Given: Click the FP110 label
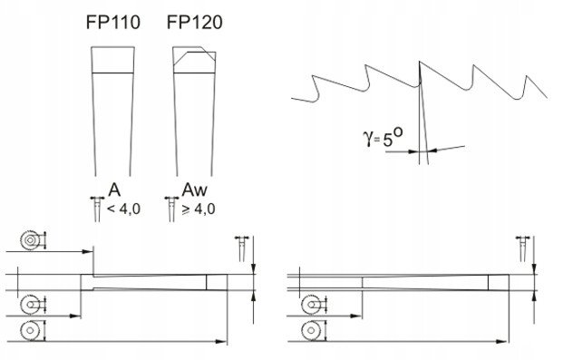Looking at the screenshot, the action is (x=112, y=23).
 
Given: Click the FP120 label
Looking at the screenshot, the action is (x=194, y=23).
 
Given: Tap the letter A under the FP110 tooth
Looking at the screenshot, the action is (x=114, y=190).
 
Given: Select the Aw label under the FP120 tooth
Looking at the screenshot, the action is (x=195, y=190).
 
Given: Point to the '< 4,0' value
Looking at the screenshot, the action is (x=124, y=209).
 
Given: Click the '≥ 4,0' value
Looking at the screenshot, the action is (x=199, y=209).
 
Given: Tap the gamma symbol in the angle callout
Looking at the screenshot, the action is (x=368, y=139).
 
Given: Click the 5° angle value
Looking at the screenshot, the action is (x=393, y=137).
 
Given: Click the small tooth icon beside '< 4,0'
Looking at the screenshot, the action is (x=97, y=209).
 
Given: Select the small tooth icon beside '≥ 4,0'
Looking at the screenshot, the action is (x=171, y=209).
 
